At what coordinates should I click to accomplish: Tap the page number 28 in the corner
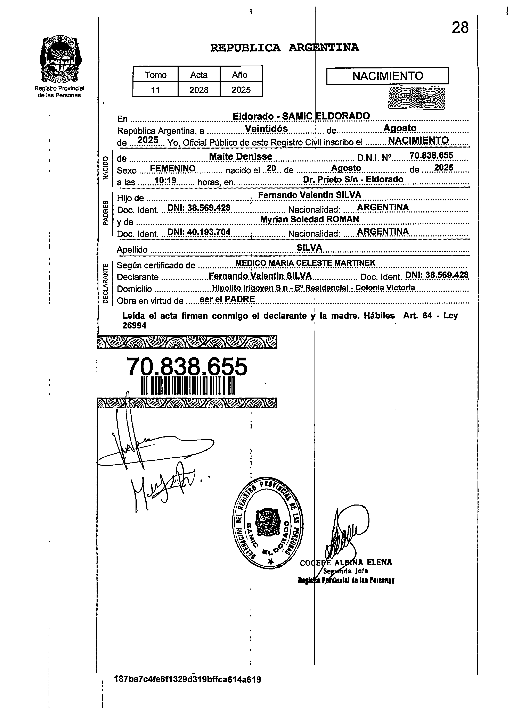tap(460, 28)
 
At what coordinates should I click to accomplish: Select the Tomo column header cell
tap(155, 75)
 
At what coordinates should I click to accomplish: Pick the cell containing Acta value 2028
tap(199, 90)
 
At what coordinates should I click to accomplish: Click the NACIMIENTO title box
tap(387, 76)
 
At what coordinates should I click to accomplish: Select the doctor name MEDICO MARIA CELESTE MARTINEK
tap(305, 263)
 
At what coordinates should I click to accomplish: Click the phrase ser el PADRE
tap(227, 299)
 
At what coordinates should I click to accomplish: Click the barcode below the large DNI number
tap(188, 386)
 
